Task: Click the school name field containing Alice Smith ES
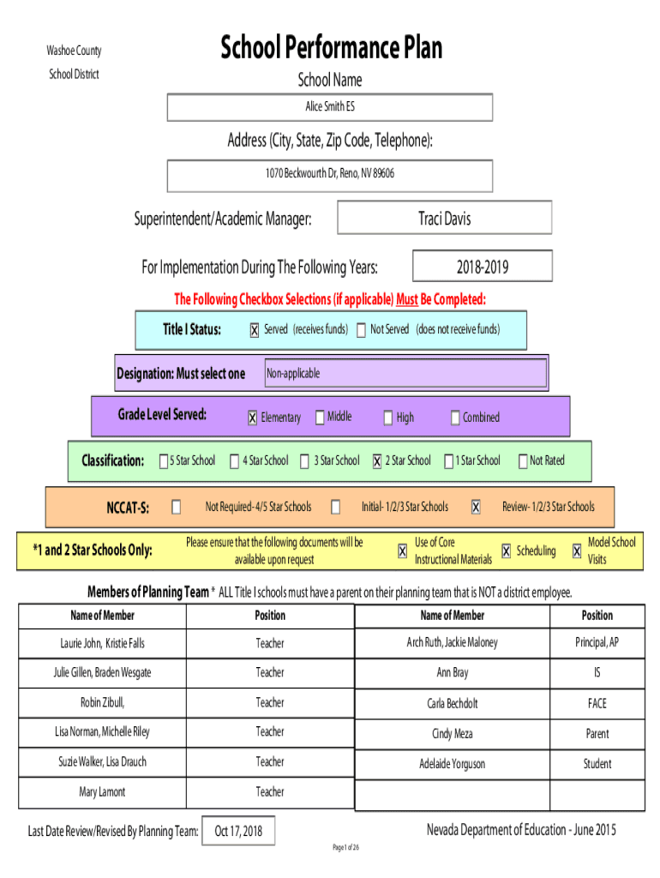330,107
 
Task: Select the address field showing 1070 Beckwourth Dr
330,176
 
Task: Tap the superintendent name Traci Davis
445,218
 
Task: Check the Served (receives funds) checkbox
255,330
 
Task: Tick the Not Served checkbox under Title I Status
361,330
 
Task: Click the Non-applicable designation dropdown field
405,373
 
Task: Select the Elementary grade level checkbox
253,418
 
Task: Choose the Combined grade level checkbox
455,418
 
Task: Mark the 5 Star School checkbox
164,460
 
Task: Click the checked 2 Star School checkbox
377,460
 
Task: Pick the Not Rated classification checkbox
523,460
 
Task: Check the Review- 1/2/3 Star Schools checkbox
476,508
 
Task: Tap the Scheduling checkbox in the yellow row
506,551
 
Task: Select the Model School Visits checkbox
577,551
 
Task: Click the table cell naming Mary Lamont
102,792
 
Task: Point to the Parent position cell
597,734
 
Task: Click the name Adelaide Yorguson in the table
453,764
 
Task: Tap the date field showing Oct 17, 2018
238,831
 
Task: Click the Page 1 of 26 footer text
346,847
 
